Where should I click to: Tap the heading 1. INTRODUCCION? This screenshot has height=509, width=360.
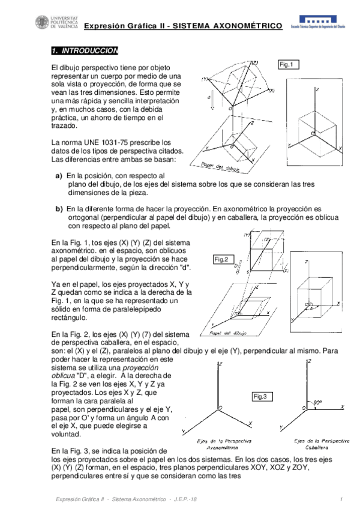pos(85,51)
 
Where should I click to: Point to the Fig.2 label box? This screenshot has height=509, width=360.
pos(221,259)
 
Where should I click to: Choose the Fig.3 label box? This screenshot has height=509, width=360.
pos(261,396)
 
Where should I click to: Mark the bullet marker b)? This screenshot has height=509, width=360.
pos(59,209)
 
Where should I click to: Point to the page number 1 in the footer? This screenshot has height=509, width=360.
pos(340,499)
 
